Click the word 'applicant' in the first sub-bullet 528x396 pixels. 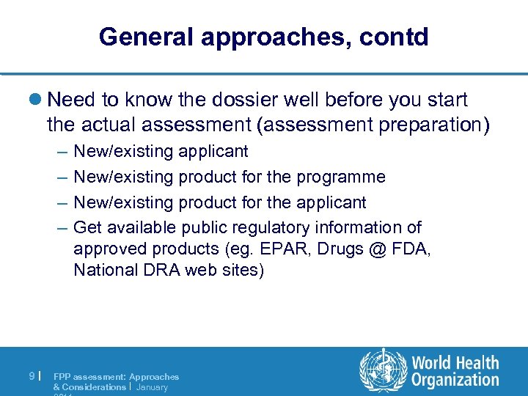tap(213, 152)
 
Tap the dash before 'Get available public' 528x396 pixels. tap(60, 228)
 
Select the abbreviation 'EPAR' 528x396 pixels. tap(287, 249)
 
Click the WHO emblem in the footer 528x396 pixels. tap(383, 370)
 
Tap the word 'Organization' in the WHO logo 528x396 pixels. tap(455, 380)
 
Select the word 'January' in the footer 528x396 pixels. tap(152, 386)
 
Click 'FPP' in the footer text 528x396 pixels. tap(62, 376)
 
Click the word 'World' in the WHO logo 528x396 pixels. tap(433, 362)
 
